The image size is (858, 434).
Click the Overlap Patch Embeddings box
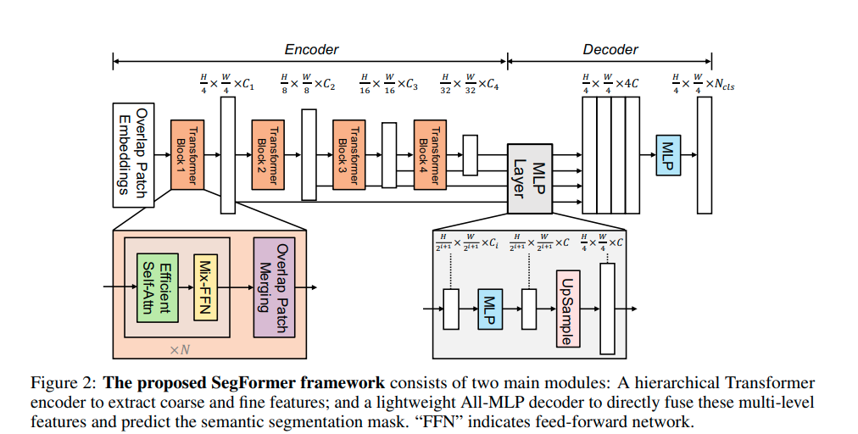point(132,155)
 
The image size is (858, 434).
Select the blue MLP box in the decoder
point(668,156)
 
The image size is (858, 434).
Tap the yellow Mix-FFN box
point(206,287)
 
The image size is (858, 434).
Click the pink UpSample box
point(566,309)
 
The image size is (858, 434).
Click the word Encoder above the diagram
point(311,49)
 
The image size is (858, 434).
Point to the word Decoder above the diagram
point(610,49)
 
